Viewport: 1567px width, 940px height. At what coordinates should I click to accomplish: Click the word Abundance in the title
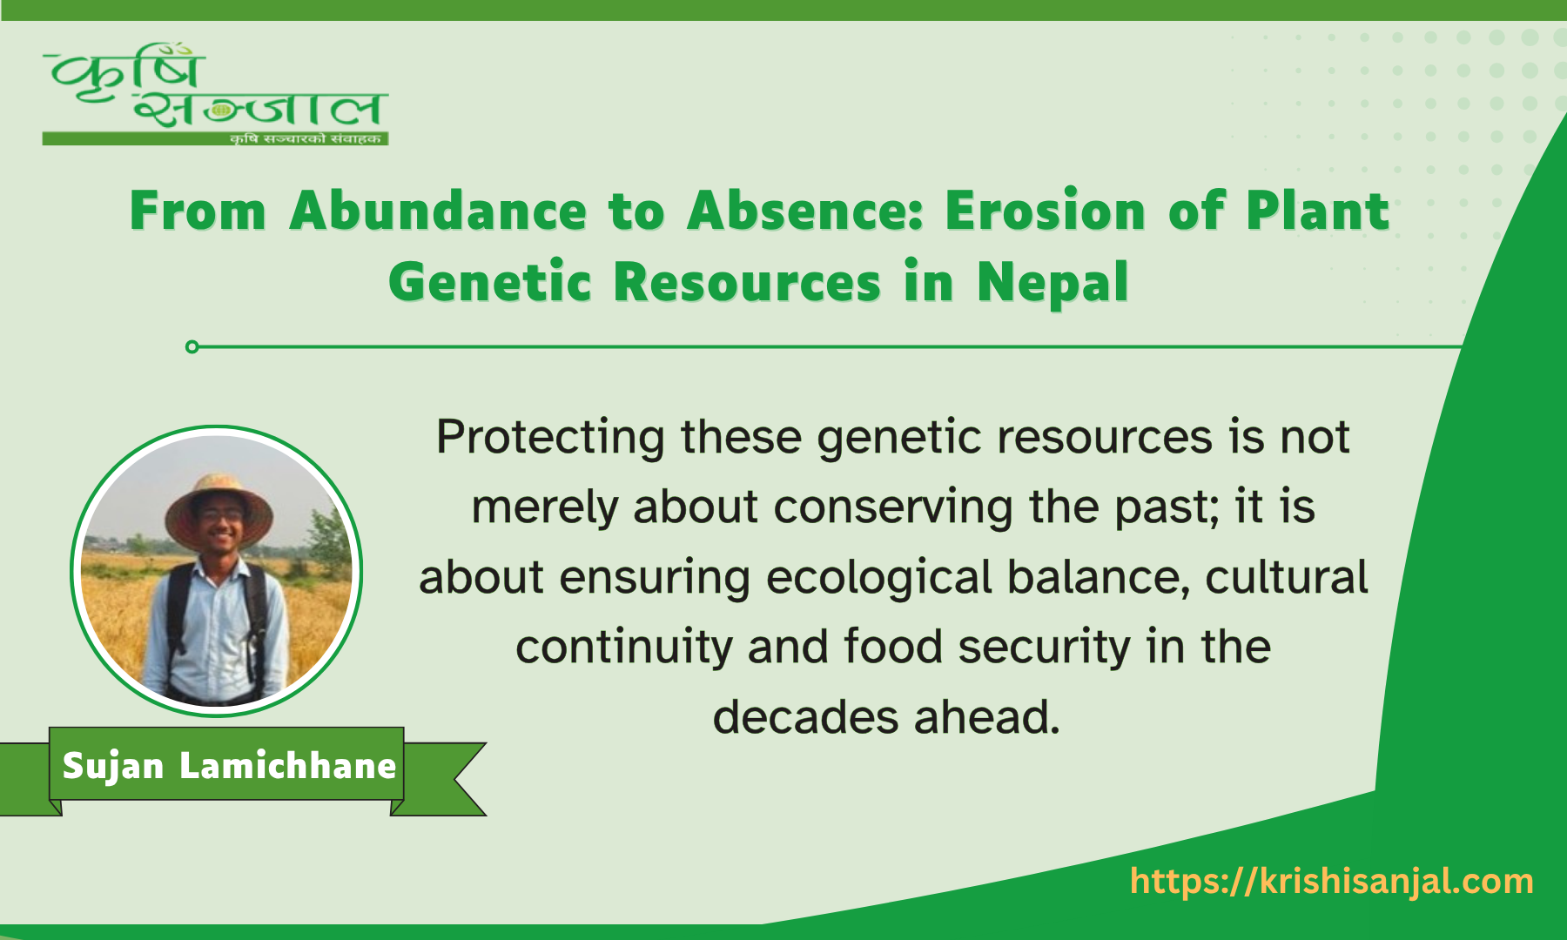click(438, 211)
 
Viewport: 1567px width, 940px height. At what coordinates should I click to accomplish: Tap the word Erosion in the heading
click(1045, 211)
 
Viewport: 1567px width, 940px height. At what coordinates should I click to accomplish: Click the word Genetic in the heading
click(489, 284)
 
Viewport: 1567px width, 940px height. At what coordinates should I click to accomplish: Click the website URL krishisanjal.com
click(1331, 882)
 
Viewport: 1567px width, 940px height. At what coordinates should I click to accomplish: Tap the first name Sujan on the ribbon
click(113, 766)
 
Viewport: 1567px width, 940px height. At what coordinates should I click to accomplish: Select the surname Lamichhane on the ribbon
click(287, 766)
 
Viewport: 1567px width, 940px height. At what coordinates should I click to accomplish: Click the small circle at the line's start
click(192, 347)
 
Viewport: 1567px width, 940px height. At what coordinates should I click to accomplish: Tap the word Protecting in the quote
click(550, 437)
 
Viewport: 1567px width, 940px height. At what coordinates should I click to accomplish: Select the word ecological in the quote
click(878, 578)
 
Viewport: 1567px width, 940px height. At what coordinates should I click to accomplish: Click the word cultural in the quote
click(1286, 578)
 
